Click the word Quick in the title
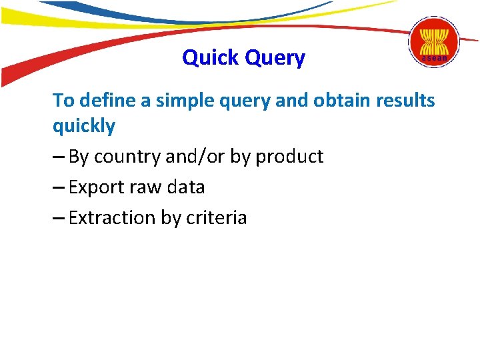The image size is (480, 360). click(211, 58)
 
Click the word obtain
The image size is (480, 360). click(338, 101)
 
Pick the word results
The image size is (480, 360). click(404, 101)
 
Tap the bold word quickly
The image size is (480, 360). click(84, 127)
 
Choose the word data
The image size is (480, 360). click(187, 187)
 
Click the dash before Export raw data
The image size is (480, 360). click(59, 188)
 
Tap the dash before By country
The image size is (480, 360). click(59, 157)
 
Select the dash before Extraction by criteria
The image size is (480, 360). click(59, 219)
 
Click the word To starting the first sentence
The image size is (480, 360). click(63, 101)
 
